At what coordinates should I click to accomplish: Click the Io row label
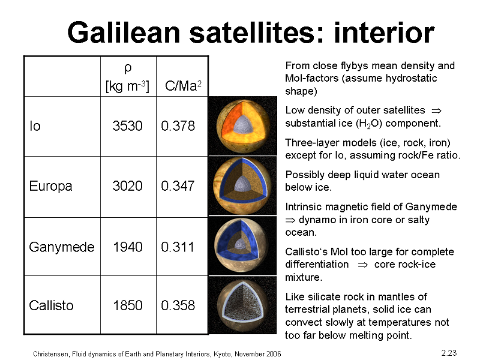[35, 126]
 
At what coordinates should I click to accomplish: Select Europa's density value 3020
[127, 186]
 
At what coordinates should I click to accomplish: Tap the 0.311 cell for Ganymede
[178, 247]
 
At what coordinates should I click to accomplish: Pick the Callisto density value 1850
[128, 305]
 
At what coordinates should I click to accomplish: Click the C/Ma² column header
[183, 85]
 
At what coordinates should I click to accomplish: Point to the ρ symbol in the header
[128, 68]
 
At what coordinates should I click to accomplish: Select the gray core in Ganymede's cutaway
[241, 244]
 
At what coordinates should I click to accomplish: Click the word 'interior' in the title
[384, 32]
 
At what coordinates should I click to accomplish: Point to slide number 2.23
[449, 353]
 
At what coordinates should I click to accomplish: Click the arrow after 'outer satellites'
[436, 110]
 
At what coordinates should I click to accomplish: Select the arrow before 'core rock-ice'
[363, 265]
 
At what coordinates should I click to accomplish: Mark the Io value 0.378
[178, 126]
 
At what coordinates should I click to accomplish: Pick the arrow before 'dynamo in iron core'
[290, 220]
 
